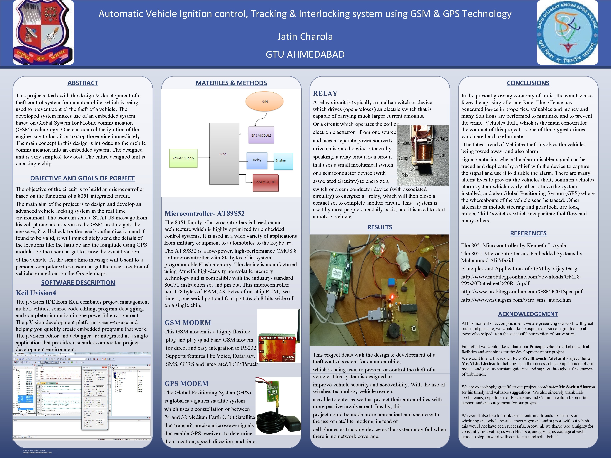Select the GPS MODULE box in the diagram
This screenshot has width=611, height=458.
[261, 135]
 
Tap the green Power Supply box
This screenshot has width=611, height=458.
[183, 158]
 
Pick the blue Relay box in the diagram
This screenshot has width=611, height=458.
[257, 160]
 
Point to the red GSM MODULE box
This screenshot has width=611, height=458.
[265, 182]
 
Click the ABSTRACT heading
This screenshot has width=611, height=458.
[83, 83]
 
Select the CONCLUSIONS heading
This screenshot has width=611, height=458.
[528, 83]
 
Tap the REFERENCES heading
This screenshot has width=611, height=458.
[528, 233]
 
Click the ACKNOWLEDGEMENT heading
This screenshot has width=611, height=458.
[528, 314]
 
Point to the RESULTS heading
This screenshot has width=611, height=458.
[380, 227]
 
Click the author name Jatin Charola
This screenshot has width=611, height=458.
[305, 36]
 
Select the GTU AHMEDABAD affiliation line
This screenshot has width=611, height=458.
[305, 54]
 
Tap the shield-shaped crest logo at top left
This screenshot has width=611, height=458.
[43, 32]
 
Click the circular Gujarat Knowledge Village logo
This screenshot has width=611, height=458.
[567, 32]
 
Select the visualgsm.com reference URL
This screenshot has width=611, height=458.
[516, 300]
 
